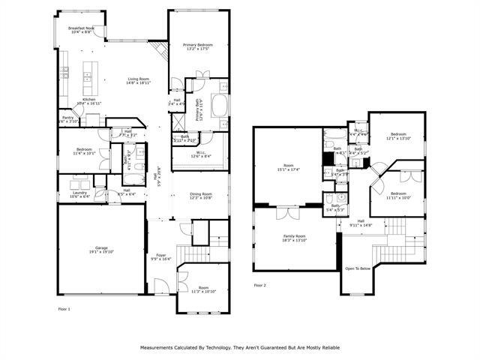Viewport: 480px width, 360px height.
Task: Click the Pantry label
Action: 67,117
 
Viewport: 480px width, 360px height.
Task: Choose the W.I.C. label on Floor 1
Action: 191,152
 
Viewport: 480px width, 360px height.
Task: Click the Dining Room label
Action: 200,193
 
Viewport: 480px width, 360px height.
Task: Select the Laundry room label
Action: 78,192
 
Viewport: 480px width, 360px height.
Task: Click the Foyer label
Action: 161,255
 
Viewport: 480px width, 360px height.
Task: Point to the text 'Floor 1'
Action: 64,308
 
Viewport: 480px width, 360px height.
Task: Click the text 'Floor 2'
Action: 260,285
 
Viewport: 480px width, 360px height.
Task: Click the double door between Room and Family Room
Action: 283,212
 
